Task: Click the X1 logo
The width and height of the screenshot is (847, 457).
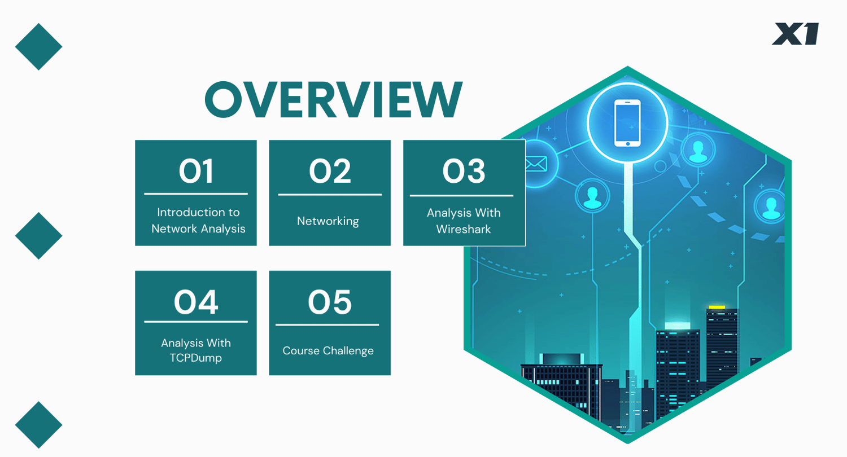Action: point(796,34)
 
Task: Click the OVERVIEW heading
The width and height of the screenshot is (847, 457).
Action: point(334,100)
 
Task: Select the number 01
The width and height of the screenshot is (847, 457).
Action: point(196,171)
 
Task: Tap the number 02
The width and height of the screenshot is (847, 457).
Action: point(330,171)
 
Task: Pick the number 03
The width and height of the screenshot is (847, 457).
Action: point(464,171)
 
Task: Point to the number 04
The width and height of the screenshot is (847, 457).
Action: point(196,302)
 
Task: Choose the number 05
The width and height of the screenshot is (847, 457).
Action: point(330,302)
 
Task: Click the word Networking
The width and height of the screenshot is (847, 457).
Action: point(328,221)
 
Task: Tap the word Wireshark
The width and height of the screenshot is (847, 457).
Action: point(464,229)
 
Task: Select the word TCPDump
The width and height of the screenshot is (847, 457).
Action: point(195,358)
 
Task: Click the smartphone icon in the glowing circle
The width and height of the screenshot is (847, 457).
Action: point(627,123)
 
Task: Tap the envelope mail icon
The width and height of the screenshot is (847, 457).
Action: point(536,164)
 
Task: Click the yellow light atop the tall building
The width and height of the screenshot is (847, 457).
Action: point(717,307)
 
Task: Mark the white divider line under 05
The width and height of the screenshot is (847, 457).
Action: point(327,324)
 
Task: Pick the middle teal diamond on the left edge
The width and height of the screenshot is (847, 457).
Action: point(38,236)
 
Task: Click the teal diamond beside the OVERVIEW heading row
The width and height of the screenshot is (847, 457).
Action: point(38,47)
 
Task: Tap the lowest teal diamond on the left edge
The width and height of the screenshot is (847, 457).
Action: point(38,425)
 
